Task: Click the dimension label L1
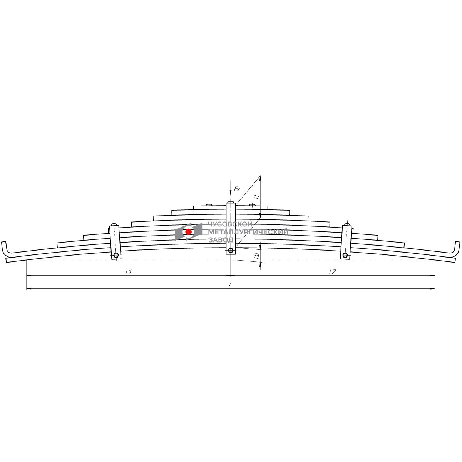pos(129,272)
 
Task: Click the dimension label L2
pos(333,272)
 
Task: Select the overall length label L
pos(230,285)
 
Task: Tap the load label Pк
pos(237,189)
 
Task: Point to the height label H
pos(257,197)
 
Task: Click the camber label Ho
pos(257,256)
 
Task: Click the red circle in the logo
pos(188,232)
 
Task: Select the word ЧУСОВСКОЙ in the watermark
pos(230,224)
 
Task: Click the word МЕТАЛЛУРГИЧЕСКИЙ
pos(248,232)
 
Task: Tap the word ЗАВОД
pos(221,240)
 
